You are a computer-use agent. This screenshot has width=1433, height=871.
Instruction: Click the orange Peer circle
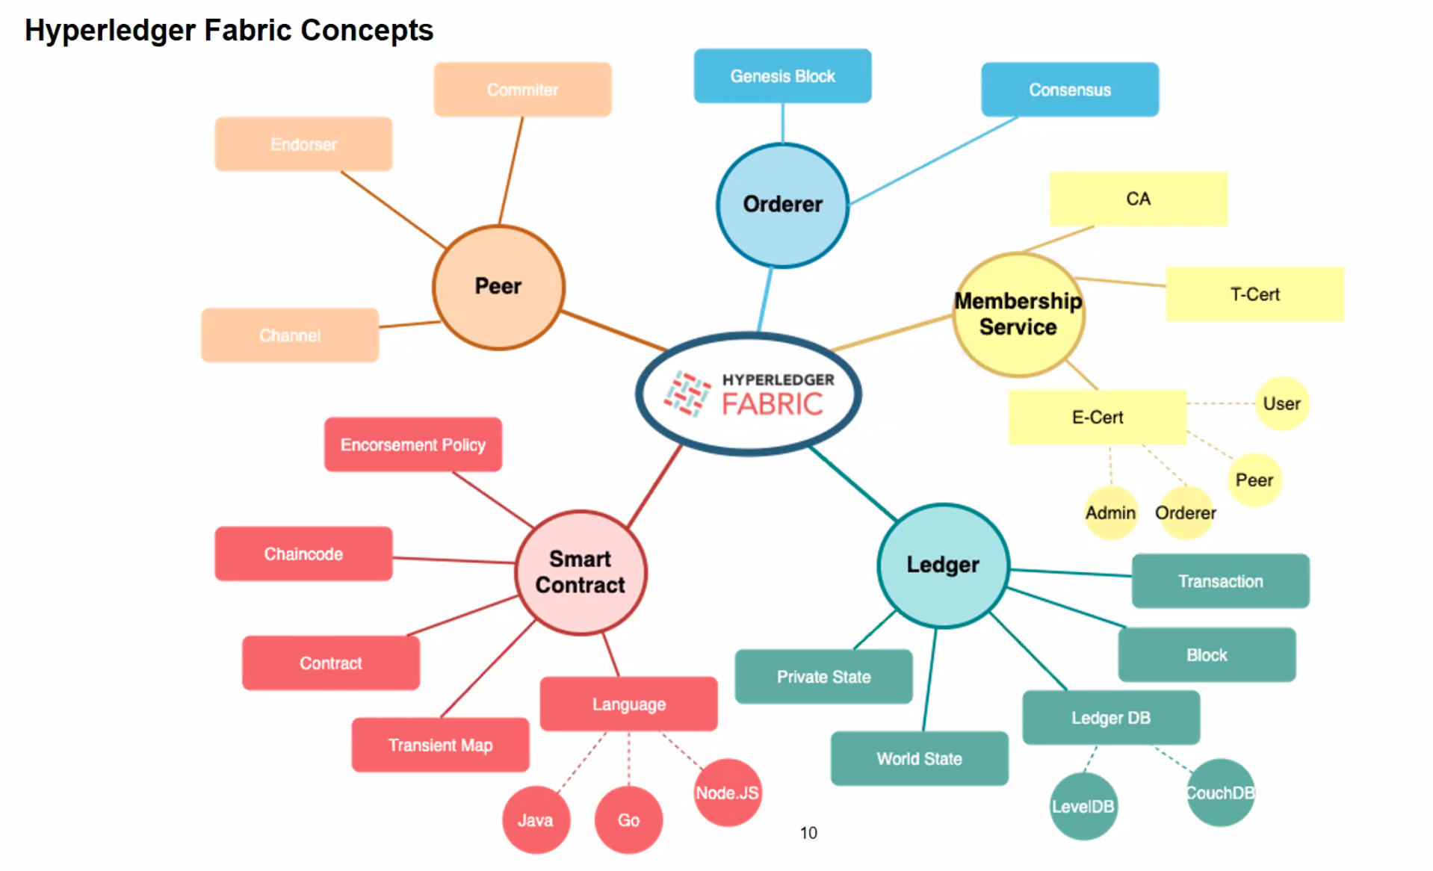[498, 287]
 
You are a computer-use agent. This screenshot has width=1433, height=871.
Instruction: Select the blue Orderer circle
[782, 205]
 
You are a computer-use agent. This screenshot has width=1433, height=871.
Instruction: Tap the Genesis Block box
[782, 76]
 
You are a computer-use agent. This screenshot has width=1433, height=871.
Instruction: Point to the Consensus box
[1069, 90]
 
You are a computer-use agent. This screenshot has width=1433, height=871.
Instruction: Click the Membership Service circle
[1018, 314]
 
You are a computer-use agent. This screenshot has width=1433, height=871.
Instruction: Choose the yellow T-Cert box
[1254, 294]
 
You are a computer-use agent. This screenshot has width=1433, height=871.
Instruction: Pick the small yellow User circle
[1281, 403]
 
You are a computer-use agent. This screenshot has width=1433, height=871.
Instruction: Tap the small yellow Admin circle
[1110, 513]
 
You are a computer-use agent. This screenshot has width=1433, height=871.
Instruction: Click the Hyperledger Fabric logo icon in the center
[687, 394]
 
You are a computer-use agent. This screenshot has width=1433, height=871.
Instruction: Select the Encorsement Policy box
[412, 444]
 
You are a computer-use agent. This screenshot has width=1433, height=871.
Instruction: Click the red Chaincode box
[303, 554]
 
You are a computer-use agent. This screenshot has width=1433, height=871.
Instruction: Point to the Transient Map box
[440, 745]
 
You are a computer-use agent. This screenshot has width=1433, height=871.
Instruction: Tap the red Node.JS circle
[727, 793]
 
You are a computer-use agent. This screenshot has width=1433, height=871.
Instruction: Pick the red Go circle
[628, 819]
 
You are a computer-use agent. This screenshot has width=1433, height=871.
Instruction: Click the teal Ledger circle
[943, 565]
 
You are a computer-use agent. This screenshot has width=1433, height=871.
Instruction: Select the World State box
[919, 758]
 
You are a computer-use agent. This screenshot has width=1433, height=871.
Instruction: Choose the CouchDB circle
[1220, 793]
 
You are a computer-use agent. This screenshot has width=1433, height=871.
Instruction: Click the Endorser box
[303, 144]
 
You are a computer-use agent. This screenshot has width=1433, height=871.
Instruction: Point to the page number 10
[808, 832]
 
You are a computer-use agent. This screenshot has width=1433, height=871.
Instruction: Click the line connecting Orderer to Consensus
[934, 160]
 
